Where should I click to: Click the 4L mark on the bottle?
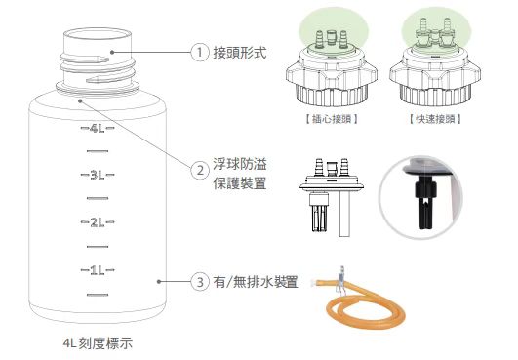pos(98,128)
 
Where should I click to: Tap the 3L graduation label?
pos(98,175)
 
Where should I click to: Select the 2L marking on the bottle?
pos(98,222)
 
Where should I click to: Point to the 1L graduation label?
pos(98,270)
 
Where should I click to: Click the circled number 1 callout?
pos(200,52)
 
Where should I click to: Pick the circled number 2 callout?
pos(200,171)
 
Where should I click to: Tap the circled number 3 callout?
pos(200,282)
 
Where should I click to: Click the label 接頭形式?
pos(240,52)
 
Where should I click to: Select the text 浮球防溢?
pos(240,164)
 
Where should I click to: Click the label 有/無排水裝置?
pos(256,282)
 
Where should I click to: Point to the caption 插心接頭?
pos(332,119)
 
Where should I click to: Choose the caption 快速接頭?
pos(435,119)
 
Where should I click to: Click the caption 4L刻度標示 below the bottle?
pos(98,343)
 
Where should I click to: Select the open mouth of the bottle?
pos(98,35)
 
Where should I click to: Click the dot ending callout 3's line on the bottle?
pos(159,282)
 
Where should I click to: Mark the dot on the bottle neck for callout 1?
pos(112,52)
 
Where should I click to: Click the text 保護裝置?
pos(240,183)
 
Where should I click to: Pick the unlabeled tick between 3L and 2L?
pos(98,198)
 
